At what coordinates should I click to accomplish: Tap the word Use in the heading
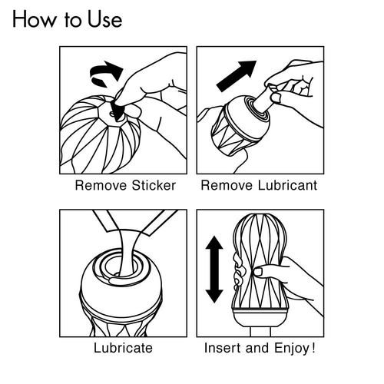pyautogui.click(x=102, y=18)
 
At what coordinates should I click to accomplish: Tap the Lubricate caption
pyautogui.click(x=123, y=348)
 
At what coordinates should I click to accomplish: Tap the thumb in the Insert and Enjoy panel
pyautogui.click(x=261, y=271)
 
